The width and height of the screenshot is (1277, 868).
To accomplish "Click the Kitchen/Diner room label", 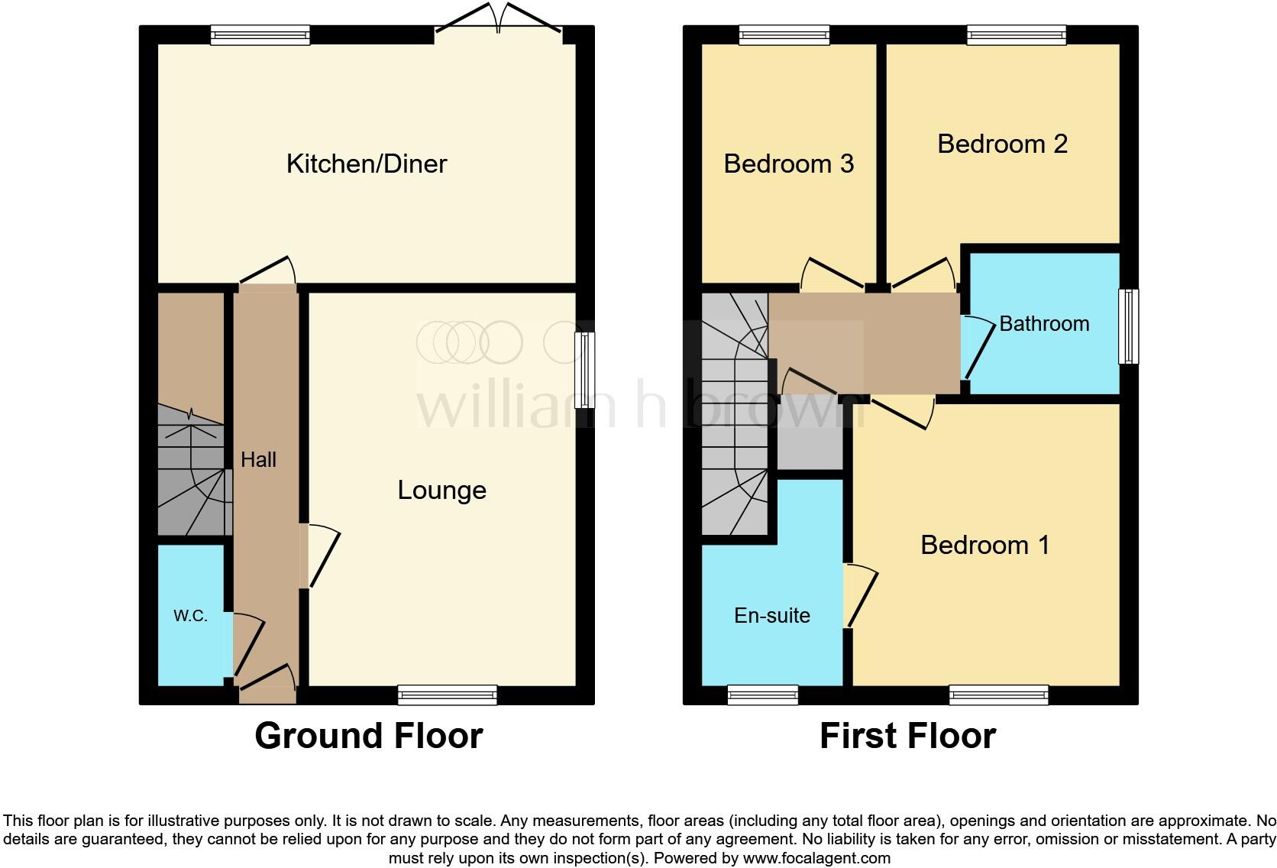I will pyautogui.click(x=366, y=164).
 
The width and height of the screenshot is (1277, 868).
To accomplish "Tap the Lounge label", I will pyautogui.click(x=441, y=490).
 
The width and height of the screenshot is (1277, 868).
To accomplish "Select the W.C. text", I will pyautogui.click(x=190, y=616).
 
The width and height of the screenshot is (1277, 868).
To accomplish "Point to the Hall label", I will pyautogui.click(x=258, y=459).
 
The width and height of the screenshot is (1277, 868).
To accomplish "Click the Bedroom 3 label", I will pyautogui.click(x=788, y=164).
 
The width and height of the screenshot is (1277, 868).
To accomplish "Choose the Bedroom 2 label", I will pyautogui.click(x=1002, y=144).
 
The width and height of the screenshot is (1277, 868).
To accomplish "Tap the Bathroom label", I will pyautogui.click(x=1043, y=324).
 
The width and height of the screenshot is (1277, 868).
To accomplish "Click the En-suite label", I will pyautogui.click(x=771, y=615).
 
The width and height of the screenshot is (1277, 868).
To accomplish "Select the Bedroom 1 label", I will pyautogui.click(x=984, y=545).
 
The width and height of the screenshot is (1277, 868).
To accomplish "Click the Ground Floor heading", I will pyautogui.click(x=368, y=736).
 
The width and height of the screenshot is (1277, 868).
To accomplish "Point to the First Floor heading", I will pyautogui.click(x=907, y=736).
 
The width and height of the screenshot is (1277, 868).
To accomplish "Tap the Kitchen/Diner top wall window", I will pyautogui.click(x=260, y=35).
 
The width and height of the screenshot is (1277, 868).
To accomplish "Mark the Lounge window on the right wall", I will pyautogui.click(x=585, y=370).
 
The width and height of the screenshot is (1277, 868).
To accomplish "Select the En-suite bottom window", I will pyautogui.click(x=762, y=695).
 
